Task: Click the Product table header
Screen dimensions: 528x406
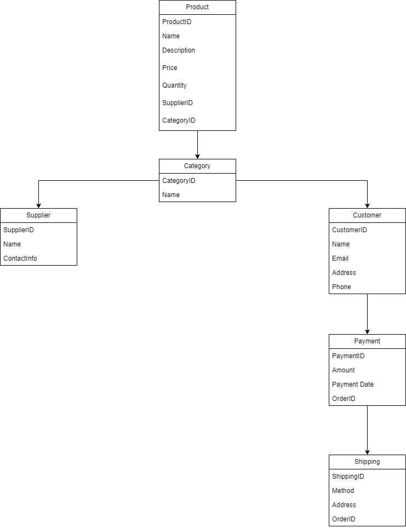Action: point(197,7)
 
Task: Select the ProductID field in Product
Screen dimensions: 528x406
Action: point(177,22)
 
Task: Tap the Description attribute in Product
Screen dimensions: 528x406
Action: point(179,50)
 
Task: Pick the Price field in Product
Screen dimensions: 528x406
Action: point(170,68)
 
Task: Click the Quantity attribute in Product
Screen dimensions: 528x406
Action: point(174,85)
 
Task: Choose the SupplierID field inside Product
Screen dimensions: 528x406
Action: point(178,103)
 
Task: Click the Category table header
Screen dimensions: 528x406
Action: point(197,166)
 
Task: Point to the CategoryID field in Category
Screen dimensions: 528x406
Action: point(179,181)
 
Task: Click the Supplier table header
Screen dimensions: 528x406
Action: point(38,215)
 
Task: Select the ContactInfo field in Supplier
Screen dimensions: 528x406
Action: point(20,259)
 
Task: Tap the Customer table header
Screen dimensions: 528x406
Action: point(367,215)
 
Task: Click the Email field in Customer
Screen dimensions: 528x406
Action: point(340,259)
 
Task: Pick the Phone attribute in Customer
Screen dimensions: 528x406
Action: point(341,287)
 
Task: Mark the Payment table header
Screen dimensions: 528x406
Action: point(367,341)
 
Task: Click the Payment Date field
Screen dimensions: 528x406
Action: point(353,384)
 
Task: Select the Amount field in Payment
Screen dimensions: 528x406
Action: point(344,370)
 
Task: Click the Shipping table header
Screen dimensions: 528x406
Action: point(367,462)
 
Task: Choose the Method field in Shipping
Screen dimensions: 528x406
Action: point(343,491)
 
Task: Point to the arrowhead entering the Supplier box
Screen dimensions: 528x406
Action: point(38,205)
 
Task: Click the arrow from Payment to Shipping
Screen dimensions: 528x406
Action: point(367,430)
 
